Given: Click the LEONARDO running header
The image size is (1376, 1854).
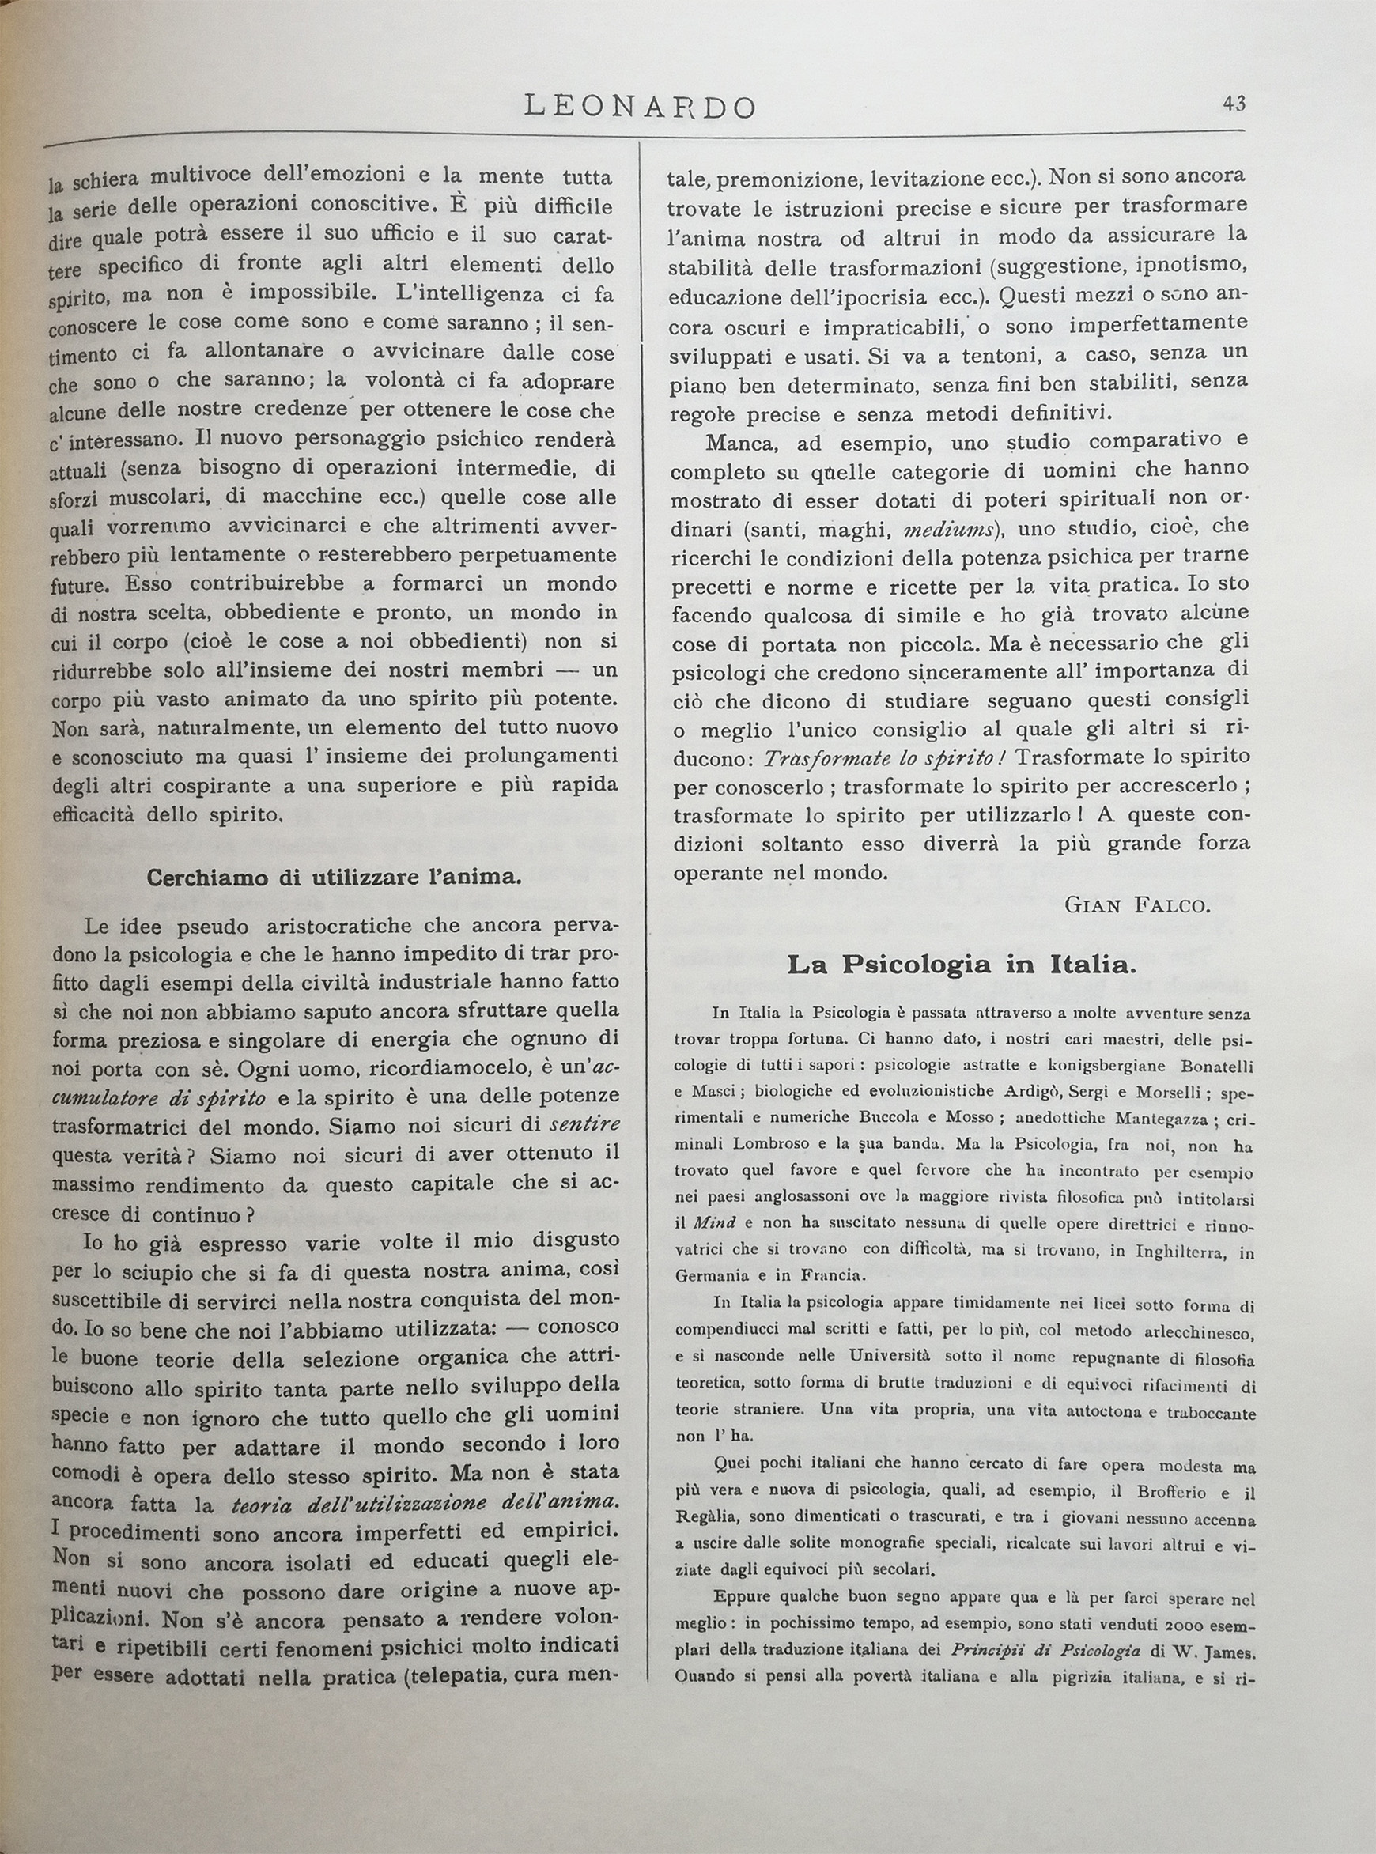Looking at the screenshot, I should pos(640,107).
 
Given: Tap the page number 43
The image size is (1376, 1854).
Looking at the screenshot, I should pos(1234,104).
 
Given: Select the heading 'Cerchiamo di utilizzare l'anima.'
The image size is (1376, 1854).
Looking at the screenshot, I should pos(334,878).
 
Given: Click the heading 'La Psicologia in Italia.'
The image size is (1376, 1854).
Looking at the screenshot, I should pos(961,965).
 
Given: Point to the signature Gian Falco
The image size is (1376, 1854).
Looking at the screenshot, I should pos(1136,905).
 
